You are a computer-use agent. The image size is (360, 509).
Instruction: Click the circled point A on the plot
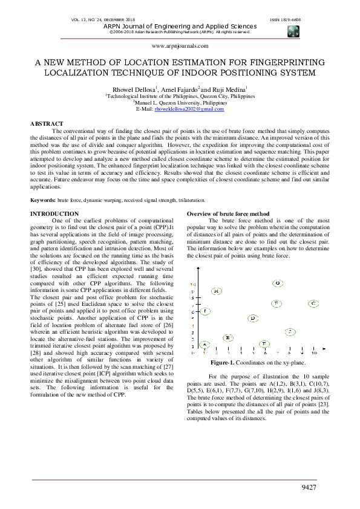[205, 344]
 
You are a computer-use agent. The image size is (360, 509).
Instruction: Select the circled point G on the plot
[277, 283]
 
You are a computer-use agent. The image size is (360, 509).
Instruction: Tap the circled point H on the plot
[217, 291]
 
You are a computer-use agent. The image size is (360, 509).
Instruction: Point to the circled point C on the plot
[313, 303]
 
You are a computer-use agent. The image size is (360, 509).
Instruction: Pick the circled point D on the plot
[253, 318]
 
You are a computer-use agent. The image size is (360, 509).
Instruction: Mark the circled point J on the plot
[291, 331]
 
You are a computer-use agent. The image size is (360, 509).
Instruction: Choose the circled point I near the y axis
[205, 311]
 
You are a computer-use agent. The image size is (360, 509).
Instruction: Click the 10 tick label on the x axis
[314, 352]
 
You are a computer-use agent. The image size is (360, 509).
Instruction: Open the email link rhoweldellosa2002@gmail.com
[189, 109]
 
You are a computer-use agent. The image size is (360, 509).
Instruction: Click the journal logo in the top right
[293, 31]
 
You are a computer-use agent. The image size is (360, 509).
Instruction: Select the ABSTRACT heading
[47, 123]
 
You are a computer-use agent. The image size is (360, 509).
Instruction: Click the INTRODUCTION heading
[54, 214]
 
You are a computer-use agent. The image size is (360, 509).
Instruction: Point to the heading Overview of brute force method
[228, 214]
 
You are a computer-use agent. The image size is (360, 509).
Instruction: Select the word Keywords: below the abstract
[44, 199]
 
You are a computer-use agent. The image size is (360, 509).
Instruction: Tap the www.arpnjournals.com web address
[180, 45]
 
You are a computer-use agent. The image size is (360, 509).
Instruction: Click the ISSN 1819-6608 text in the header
[284, 19]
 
